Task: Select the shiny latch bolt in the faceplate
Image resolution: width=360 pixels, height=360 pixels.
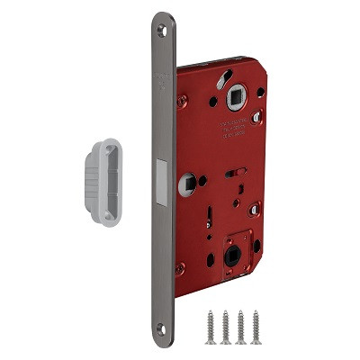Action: (163, 180)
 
